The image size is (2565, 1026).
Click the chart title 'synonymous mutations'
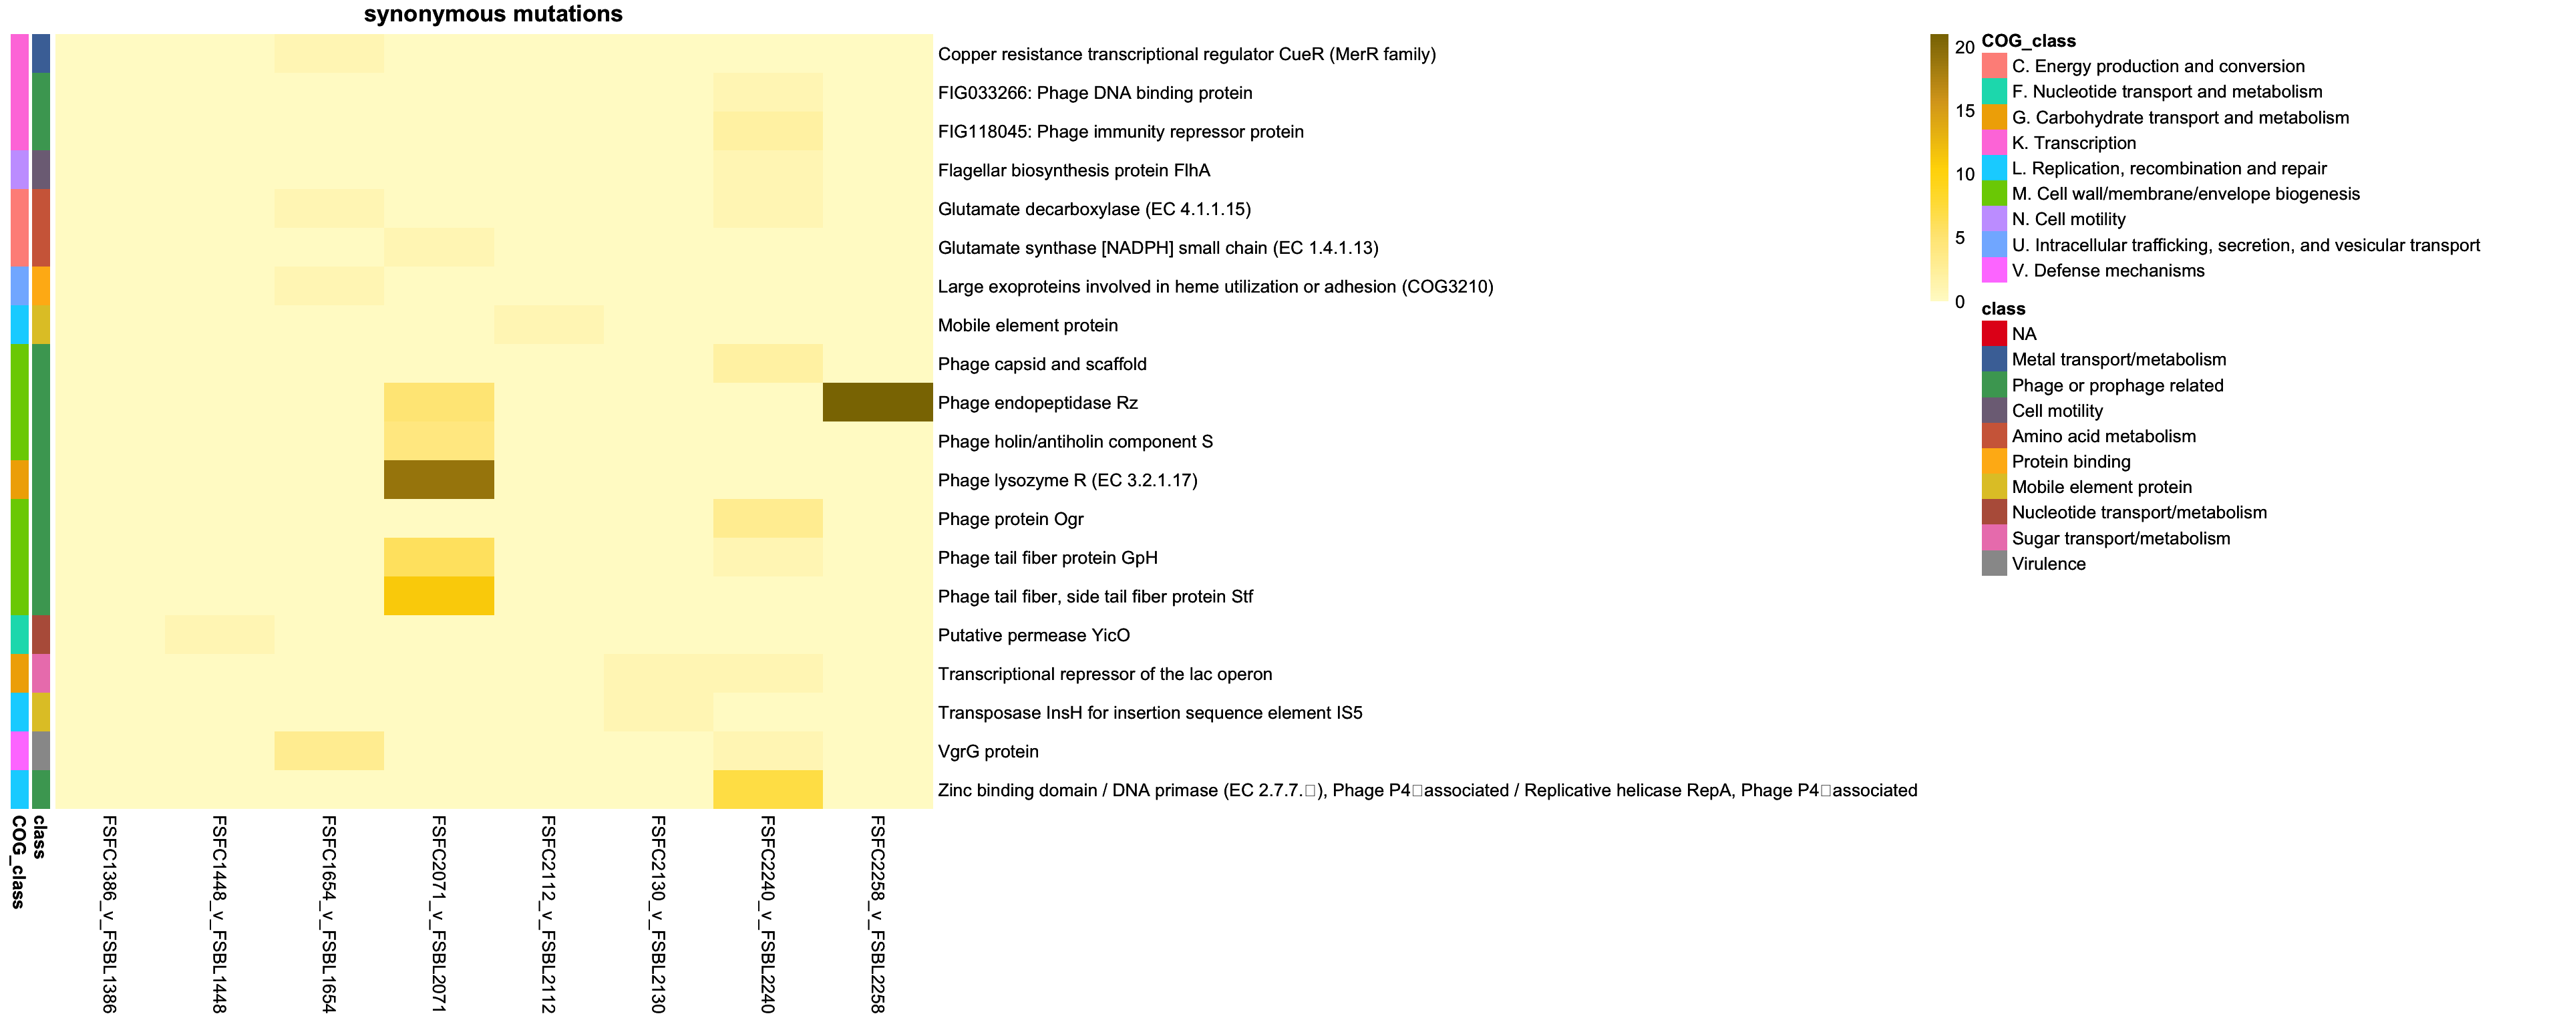pos(493,14)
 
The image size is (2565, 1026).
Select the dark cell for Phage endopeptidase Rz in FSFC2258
pos(877,402)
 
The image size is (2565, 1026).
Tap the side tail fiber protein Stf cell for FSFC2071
pos(439,596)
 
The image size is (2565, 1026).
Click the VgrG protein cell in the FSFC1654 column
pos(329,751)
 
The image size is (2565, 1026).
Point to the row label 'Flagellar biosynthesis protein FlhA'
pos(1073,170)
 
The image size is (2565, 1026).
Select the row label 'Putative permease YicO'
pos(1033,635)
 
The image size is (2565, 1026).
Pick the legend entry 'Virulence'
pos(2048,564)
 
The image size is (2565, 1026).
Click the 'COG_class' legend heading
pos(2029,41)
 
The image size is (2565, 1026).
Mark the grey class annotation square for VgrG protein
pos(41,751)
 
